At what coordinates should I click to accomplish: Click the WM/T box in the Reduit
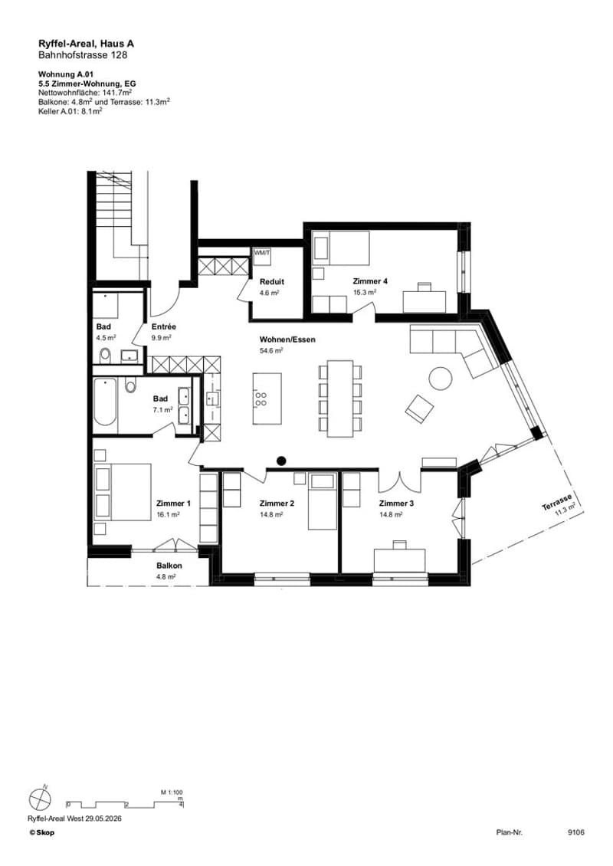pyautogui.click(x=262, y=253)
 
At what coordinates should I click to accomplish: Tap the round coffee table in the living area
pyautogui.click(x=441, y=379)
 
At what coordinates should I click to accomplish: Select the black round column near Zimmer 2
pyautogui.click(x=281, y=460)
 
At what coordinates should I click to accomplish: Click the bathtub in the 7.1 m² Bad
pyautogui.click(x=105, y=402)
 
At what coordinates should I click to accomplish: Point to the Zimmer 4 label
pyautogui.click(x=370, y=281)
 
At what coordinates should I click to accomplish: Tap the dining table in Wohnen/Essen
pyautogui.click(x=339, y=399)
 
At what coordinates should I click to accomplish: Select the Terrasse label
pyautogui.click(x=556, y=502)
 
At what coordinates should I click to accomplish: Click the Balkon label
pyautogui.click(x=169, y=566)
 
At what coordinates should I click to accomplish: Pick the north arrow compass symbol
pyautogui.click(x=40, y=799)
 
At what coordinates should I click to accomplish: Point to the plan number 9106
pyautogui.click(x=575, y=832)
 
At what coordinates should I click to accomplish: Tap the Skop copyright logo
pyautogui.click(x=42, y=832)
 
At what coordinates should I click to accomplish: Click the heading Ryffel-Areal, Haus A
pyautogui.click(x=86, y=44)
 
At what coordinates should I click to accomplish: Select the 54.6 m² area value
pyautogui.click(x=271, y=350)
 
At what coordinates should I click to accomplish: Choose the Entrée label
pyautogui.click(x=163, y=327)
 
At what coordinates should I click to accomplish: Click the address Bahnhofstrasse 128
pyautogui.click(x=83, y=54)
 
